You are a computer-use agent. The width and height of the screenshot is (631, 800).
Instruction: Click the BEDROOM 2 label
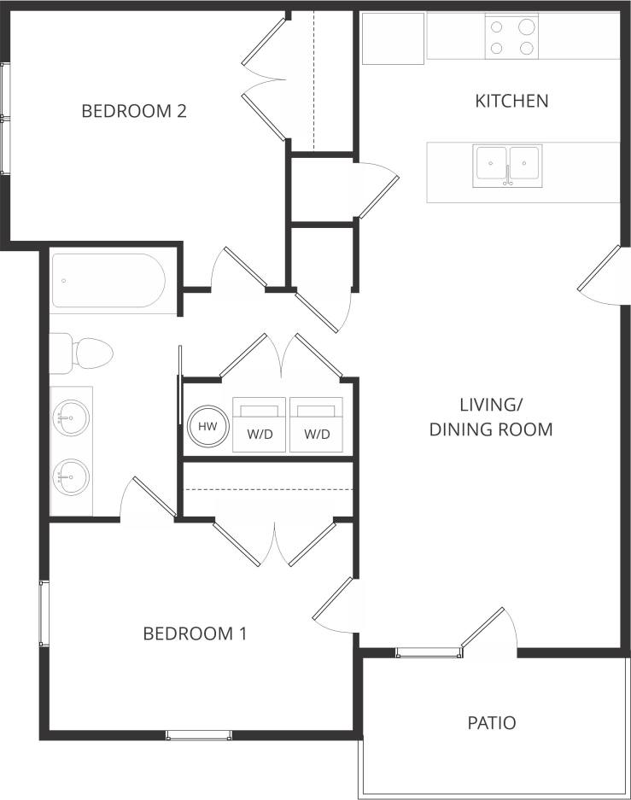click(134, 111)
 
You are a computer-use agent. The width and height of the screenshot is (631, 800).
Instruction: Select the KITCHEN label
click(511, 101)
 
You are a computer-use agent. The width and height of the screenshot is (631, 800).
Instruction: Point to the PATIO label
click(492, 723)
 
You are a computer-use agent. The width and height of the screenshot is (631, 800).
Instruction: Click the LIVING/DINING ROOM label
click(491, 417)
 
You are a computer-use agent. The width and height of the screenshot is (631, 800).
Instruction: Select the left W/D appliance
click(260, 424)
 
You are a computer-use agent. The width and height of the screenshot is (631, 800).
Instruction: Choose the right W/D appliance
click(317, 424)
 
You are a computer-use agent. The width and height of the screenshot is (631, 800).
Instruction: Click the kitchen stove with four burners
click(512, 37)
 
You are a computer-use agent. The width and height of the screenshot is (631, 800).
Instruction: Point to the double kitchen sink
click(507, 166)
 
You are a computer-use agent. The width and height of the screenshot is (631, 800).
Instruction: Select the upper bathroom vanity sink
click(73, 418)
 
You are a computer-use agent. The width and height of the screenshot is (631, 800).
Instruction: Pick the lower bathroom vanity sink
click(73, 475)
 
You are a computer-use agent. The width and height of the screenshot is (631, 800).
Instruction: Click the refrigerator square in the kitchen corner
click(393, 38)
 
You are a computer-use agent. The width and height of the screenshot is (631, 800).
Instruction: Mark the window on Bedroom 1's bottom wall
click(198, 734)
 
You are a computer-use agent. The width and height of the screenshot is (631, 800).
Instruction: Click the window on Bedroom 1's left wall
click(44, 613)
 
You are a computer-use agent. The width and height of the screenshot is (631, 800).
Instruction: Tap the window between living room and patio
click(429, 653)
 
